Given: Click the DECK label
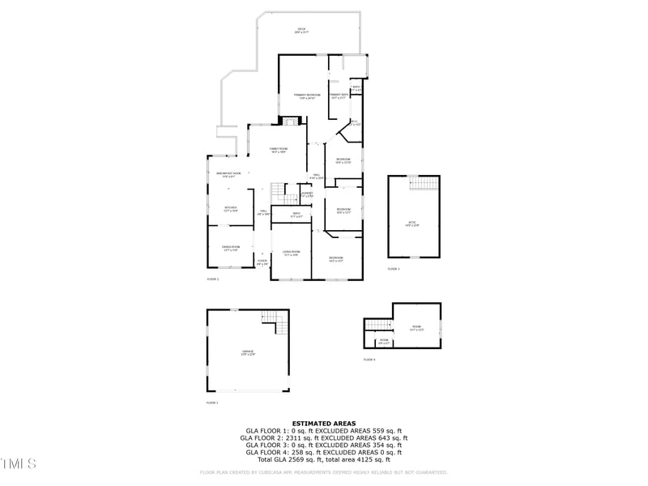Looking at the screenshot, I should point(301,30).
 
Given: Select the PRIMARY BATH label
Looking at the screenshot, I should point(339,96).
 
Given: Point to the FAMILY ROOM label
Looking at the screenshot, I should point(279,150).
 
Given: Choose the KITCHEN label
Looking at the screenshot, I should point(230,209).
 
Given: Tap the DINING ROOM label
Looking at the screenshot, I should point(232,249).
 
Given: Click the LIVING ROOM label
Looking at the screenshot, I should point(291,254).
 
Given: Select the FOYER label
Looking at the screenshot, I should point(262,262).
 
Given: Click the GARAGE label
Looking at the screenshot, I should point(248,352).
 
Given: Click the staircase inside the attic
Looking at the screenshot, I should point(423,185).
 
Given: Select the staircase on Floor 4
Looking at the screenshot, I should point(377,326).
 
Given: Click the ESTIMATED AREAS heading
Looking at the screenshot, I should point(323,423).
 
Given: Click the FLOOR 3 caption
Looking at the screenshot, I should point(394,269).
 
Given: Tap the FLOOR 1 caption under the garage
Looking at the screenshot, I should point(213,403).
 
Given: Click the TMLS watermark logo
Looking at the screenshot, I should point(19,463).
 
